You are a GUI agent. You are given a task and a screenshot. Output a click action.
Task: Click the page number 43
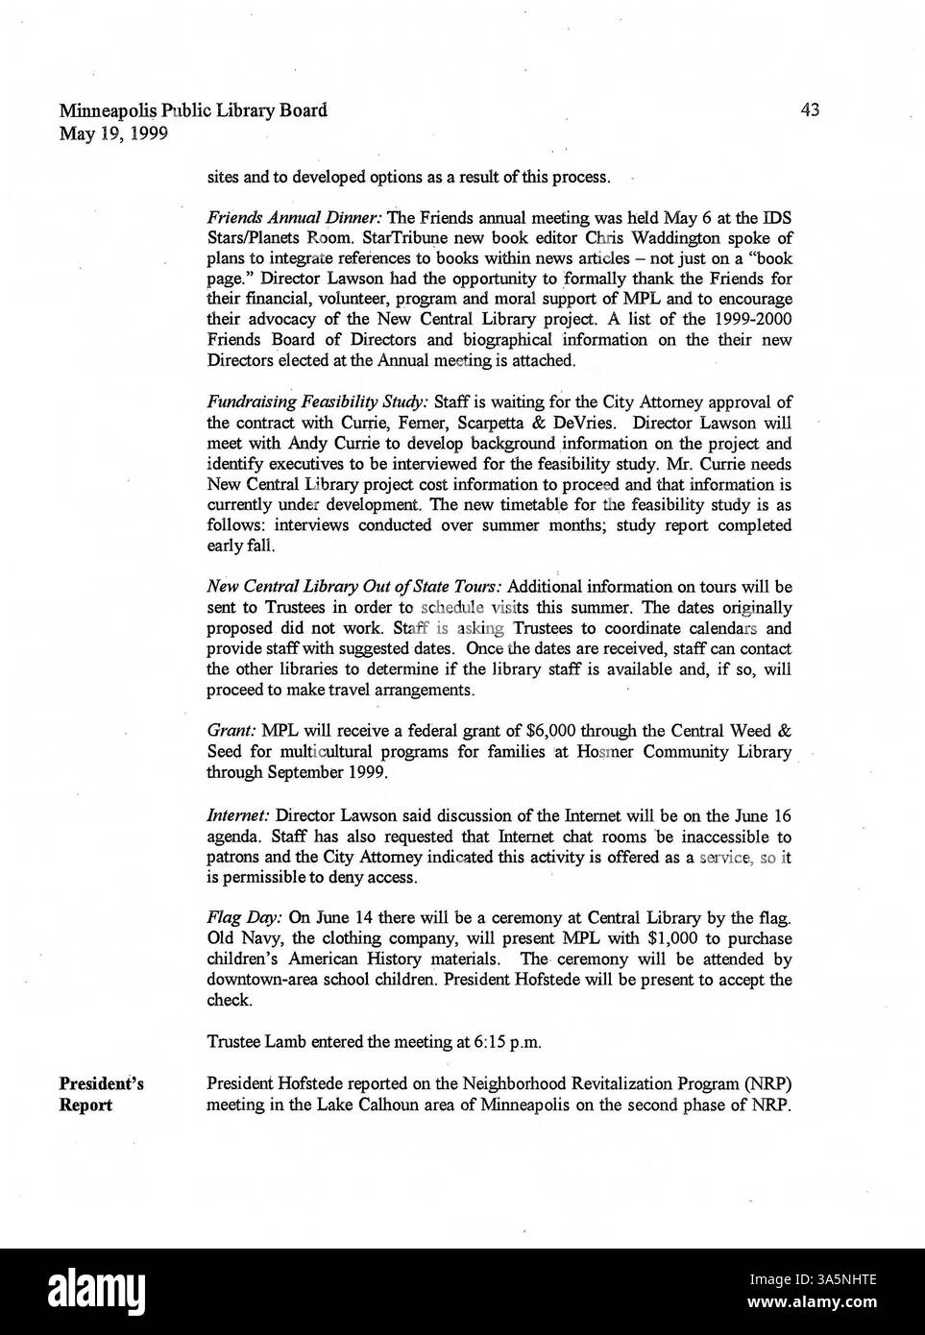click(x=809, y=109)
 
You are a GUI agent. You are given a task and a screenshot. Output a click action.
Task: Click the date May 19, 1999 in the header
click(x=114, y=133)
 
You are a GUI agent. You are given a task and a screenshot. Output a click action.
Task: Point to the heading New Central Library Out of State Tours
click(x=354, y=587)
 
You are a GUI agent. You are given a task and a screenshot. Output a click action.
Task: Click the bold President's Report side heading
click(x=101, y=1094)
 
